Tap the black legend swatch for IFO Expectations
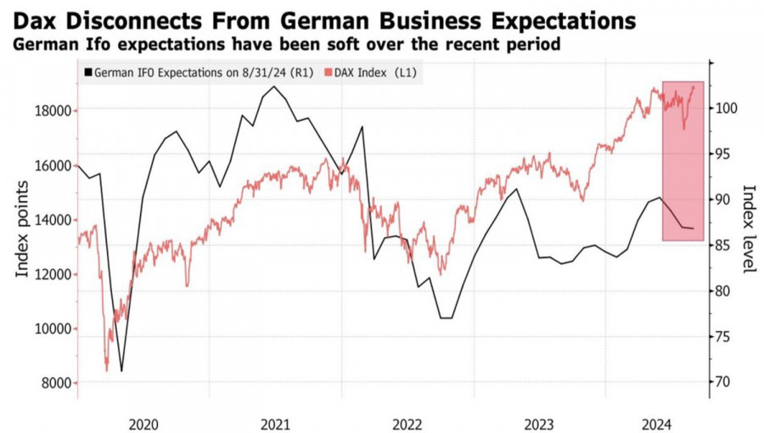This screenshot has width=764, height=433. tap(87, 73)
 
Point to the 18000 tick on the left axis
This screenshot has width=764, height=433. tap(53, 110)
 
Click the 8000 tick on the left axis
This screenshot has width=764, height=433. tap(56, 384)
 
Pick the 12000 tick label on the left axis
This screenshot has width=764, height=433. tap(53, 274)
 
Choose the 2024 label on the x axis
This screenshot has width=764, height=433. tap(657, 422)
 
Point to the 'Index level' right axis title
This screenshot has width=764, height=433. tap(748, 229)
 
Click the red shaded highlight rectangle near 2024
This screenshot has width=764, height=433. tap(683, 161)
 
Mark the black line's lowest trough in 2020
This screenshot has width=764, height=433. tap(121, 371)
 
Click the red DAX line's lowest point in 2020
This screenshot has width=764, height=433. tap(107, 370)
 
